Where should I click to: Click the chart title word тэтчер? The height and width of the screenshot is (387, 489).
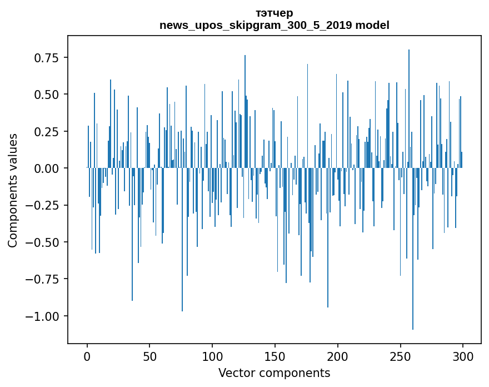[x=274, y=13]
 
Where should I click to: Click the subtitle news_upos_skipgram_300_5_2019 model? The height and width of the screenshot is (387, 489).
[x=274, y=25]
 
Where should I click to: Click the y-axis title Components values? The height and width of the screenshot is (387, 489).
[x=13, y=190]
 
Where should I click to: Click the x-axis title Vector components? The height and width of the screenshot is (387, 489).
[x=274, y=373]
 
